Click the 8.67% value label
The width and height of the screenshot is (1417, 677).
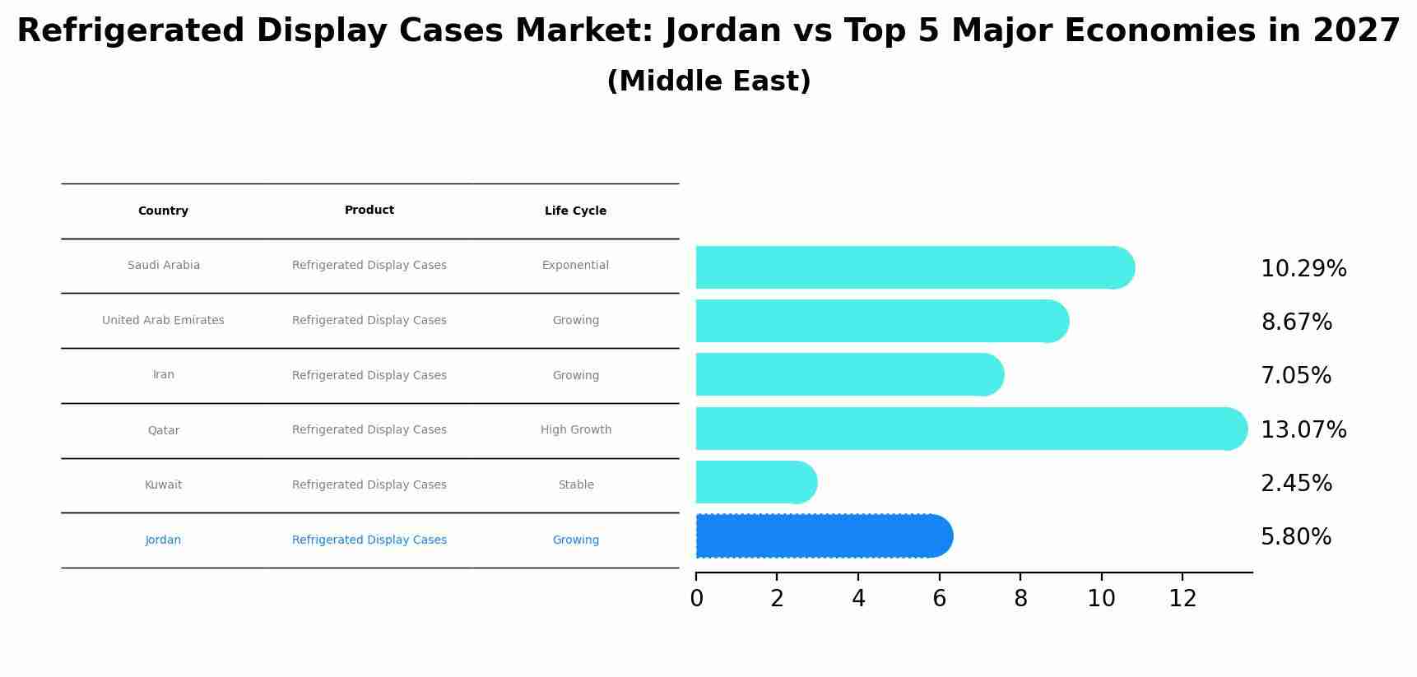click(1296, 322)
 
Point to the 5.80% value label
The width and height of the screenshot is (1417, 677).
click(1295, 537)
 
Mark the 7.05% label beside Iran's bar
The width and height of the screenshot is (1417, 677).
click(1295, 376)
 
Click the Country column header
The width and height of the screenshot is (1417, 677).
click(163, 211)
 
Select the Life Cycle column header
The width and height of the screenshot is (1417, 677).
click(575, 211)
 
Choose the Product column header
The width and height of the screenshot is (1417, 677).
click(369, 211)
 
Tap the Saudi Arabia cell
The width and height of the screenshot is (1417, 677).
click(163, 266)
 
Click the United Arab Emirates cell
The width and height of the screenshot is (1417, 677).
click(163, 321)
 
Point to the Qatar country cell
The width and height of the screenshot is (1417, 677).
click(163, 430)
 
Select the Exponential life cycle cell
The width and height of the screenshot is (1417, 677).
click(575, 266)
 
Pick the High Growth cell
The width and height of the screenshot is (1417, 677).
click(575, 430)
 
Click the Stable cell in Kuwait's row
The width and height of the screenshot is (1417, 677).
click(575, 485)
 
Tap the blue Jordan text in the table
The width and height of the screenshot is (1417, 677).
click(163, 540)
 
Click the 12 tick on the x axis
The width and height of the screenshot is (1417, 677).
click(1182, 599)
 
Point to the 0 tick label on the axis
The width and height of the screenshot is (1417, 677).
click(696, 599)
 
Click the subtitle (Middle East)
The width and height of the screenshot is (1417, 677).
click(708, 81)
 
